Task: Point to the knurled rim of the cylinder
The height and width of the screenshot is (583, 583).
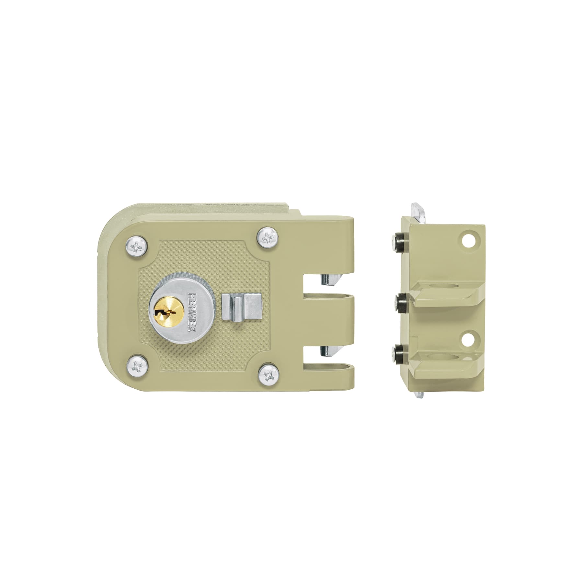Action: coord(175,285)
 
